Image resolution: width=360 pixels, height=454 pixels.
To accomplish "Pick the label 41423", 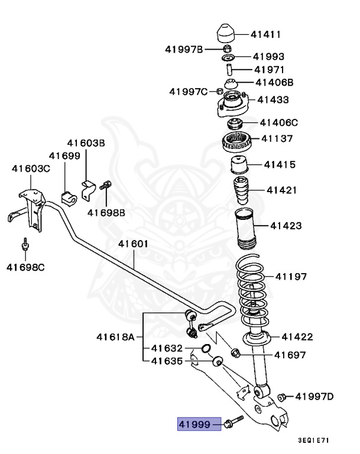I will click(x=286, y=225).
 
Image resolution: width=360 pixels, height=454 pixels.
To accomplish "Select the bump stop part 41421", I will click(x=241, y=190).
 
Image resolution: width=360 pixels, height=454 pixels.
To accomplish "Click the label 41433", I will click(x=273, y=100).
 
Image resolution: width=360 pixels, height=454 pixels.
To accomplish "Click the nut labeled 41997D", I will click(x=283, y=396).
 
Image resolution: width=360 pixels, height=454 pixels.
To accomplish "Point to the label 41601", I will click(x=133, y=244).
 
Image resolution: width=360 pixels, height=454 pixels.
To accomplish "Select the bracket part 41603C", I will click(x=30, y=207).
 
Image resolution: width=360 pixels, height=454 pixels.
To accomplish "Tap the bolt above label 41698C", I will click(x=26, y=246).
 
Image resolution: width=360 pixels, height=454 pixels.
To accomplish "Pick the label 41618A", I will click(x=116, y=338).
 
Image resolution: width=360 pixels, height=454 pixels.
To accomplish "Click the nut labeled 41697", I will click(x=235, y=354).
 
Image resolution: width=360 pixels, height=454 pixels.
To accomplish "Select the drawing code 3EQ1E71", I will click(x=313, y=440).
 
